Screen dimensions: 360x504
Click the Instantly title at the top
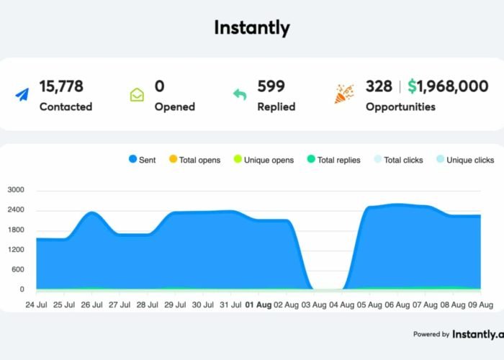point(252,28)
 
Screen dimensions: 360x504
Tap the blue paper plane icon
point(22,94)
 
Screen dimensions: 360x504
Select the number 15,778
point(61,86)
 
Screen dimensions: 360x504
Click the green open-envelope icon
point(137,94)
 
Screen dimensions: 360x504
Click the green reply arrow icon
point(240,94)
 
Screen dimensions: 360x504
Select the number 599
point(271,86)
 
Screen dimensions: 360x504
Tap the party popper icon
point(343,94)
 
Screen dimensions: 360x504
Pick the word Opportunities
point(400,107)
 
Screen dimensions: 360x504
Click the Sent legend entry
point(142,160)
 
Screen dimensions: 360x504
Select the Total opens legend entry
point(194,160)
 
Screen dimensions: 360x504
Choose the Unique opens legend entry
point(263,160)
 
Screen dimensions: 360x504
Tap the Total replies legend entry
point(333,160)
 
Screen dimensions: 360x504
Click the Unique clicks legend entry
point(465,160)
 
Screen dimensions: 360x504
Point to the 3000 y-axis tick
point(16,191)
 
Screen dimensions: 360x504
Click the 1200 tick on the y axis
point(16,250)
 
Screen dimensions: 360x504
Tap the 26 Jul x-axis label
point(91,305)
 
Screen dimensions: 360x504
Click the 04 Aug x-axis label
point(343,305)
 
